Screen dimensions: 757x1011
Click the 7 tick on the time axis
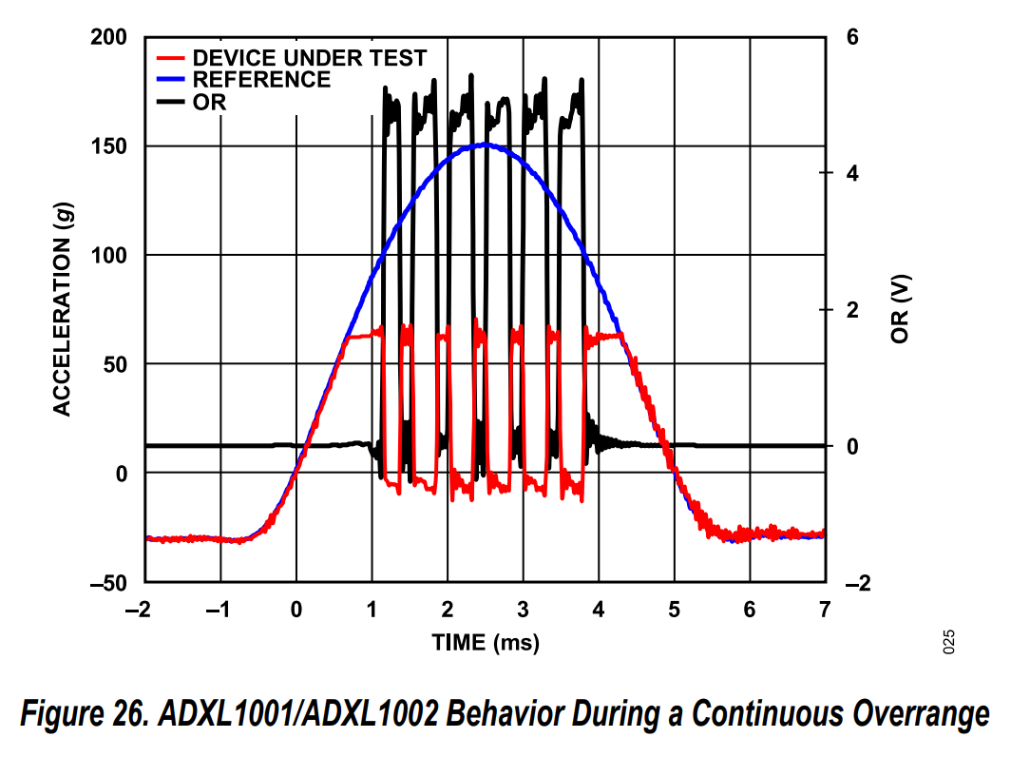pos(825,610)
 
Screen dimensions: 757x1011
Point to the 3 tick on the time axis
pos(523,610)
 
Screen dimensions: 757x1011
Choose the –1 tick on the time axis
pos(217,610)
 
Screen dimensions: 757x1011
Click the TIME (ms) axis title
pos(486,643)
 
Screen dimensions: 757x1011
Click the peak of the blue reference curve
pos(486,145)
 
